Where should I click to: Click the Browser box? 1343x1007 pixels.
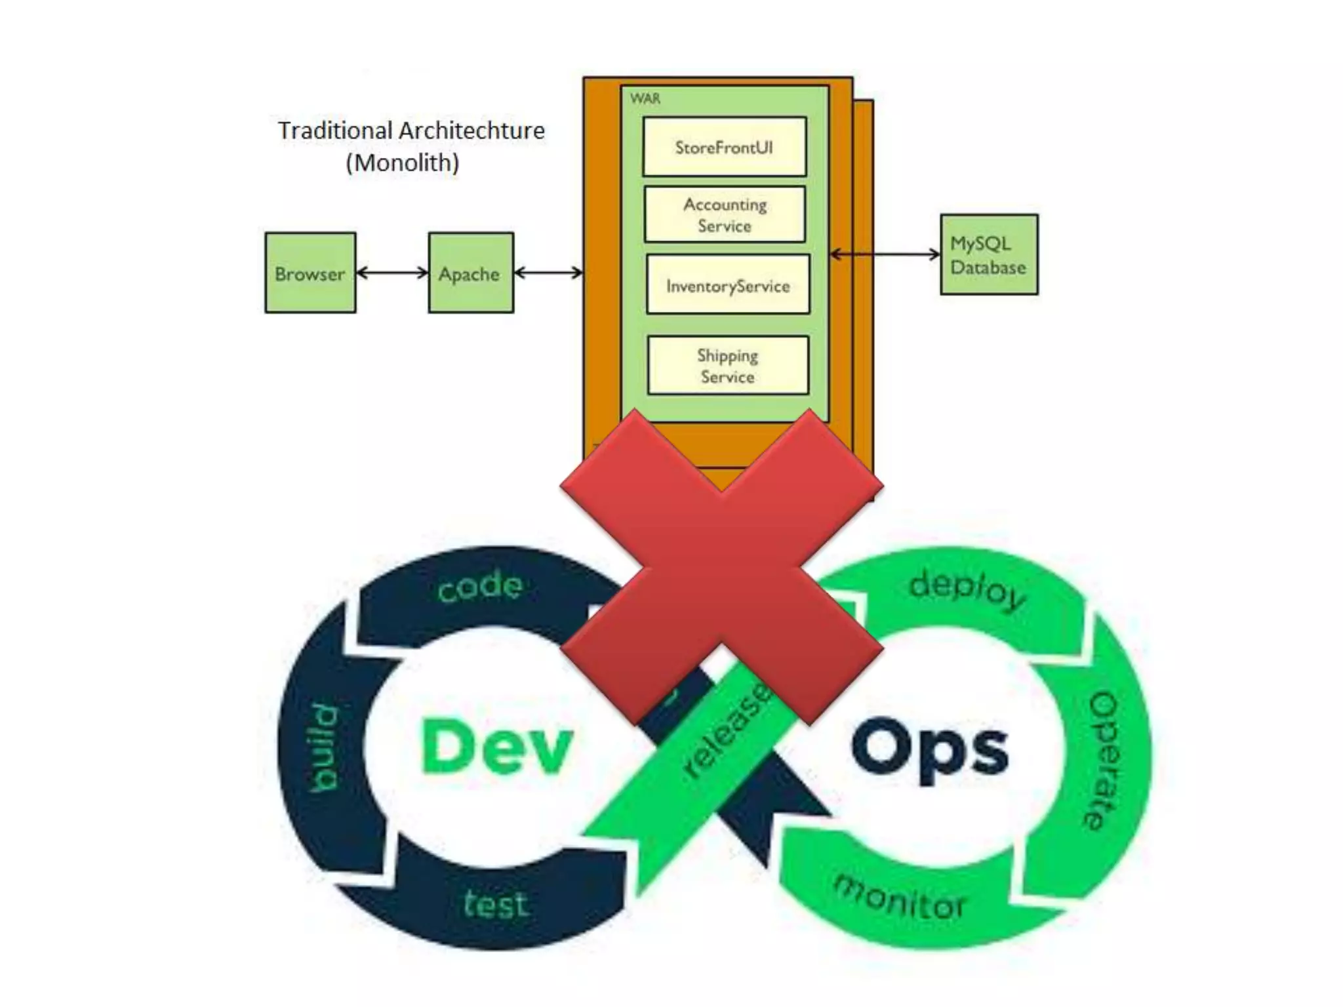coord(310,273)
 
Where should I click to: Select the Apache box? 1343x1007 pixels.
coord(470,273)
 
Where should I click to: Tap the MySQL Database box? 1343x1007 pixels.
coord(988,254)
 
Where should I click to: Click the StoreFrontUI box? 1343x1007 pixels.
coord(724,147)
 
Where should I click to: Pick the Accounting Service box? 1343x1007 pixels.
coord(725,214)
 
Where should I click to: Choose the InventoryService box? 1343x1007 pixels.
coord(728,285)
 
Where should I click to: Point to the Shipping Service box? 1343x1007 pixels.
coord(728,365)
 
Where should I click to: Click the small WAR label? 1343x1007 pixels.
coord(645,99)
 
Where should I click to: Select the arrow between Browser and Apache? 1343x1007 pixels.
coord(392,273)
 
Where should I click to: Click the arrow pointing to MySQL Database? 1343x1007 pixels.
coord(885,254)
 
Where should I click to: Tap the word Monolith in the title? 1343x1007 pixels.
coord(402,163)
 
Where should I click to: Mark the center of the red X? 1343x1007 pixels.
coord(721,568)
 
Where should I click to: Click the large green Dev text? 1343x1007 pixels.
coord(496,747)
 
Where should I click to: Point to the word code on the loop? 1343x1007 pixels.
coord(480,585)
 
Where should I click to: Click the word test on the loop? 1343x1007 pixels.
coord(495,905)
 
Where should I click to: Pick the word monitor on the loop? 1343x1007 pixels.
coord(899,898)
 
